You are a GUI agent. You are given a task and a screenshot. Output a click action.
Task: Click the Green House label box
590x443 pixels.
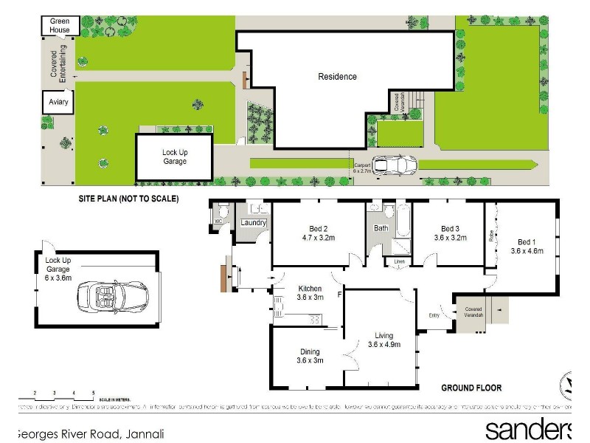click(60, 26)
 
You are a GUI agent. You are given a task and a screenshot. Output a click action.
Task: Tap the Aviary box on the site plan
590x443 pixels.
click(58, 102)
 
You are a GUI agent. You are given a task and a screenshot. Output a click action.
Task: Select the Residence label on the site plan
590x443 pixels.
click(337, 77)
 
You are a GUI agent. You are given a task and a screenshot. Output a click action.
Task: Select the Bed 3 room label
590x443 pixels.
click(450, 233)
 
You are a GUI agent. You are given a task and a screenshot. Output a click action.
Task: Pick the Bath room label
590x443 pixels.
click(381, 228)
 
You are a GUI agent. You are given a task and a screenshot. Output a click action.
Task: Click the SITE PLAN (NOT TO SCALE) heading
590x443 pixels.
click(128, 199)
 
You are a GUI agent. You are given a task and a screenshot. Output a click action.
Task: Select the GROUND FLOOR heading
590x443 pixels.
click(471, 388)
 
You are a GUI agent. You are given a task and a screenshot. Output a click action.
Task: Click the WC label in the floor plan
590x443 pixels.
click(218, 221)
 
